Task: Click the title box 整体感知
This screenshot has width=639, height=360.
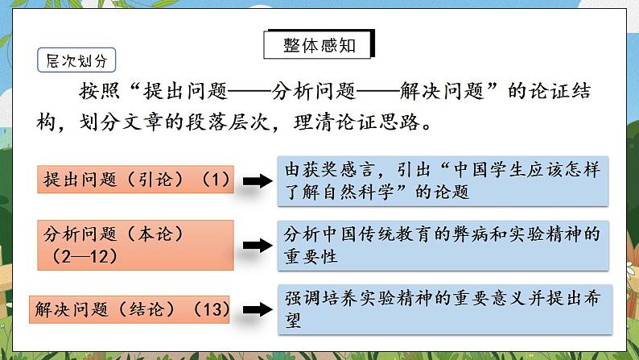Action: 319,45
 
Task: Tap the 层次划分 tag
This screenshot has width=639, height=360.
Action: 76,60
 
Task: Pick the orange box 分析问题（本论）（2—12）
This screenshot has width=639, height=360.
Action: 134,245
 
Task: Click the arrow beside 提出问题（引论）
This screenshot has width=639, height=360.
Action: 257,181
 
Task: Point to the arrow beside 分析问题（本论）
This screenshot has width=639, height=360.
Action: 257,245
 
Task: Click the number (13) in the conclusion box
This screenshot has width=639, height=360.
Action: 212,308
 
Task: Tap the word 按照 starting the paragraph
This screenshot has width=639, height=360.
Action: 97,91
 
